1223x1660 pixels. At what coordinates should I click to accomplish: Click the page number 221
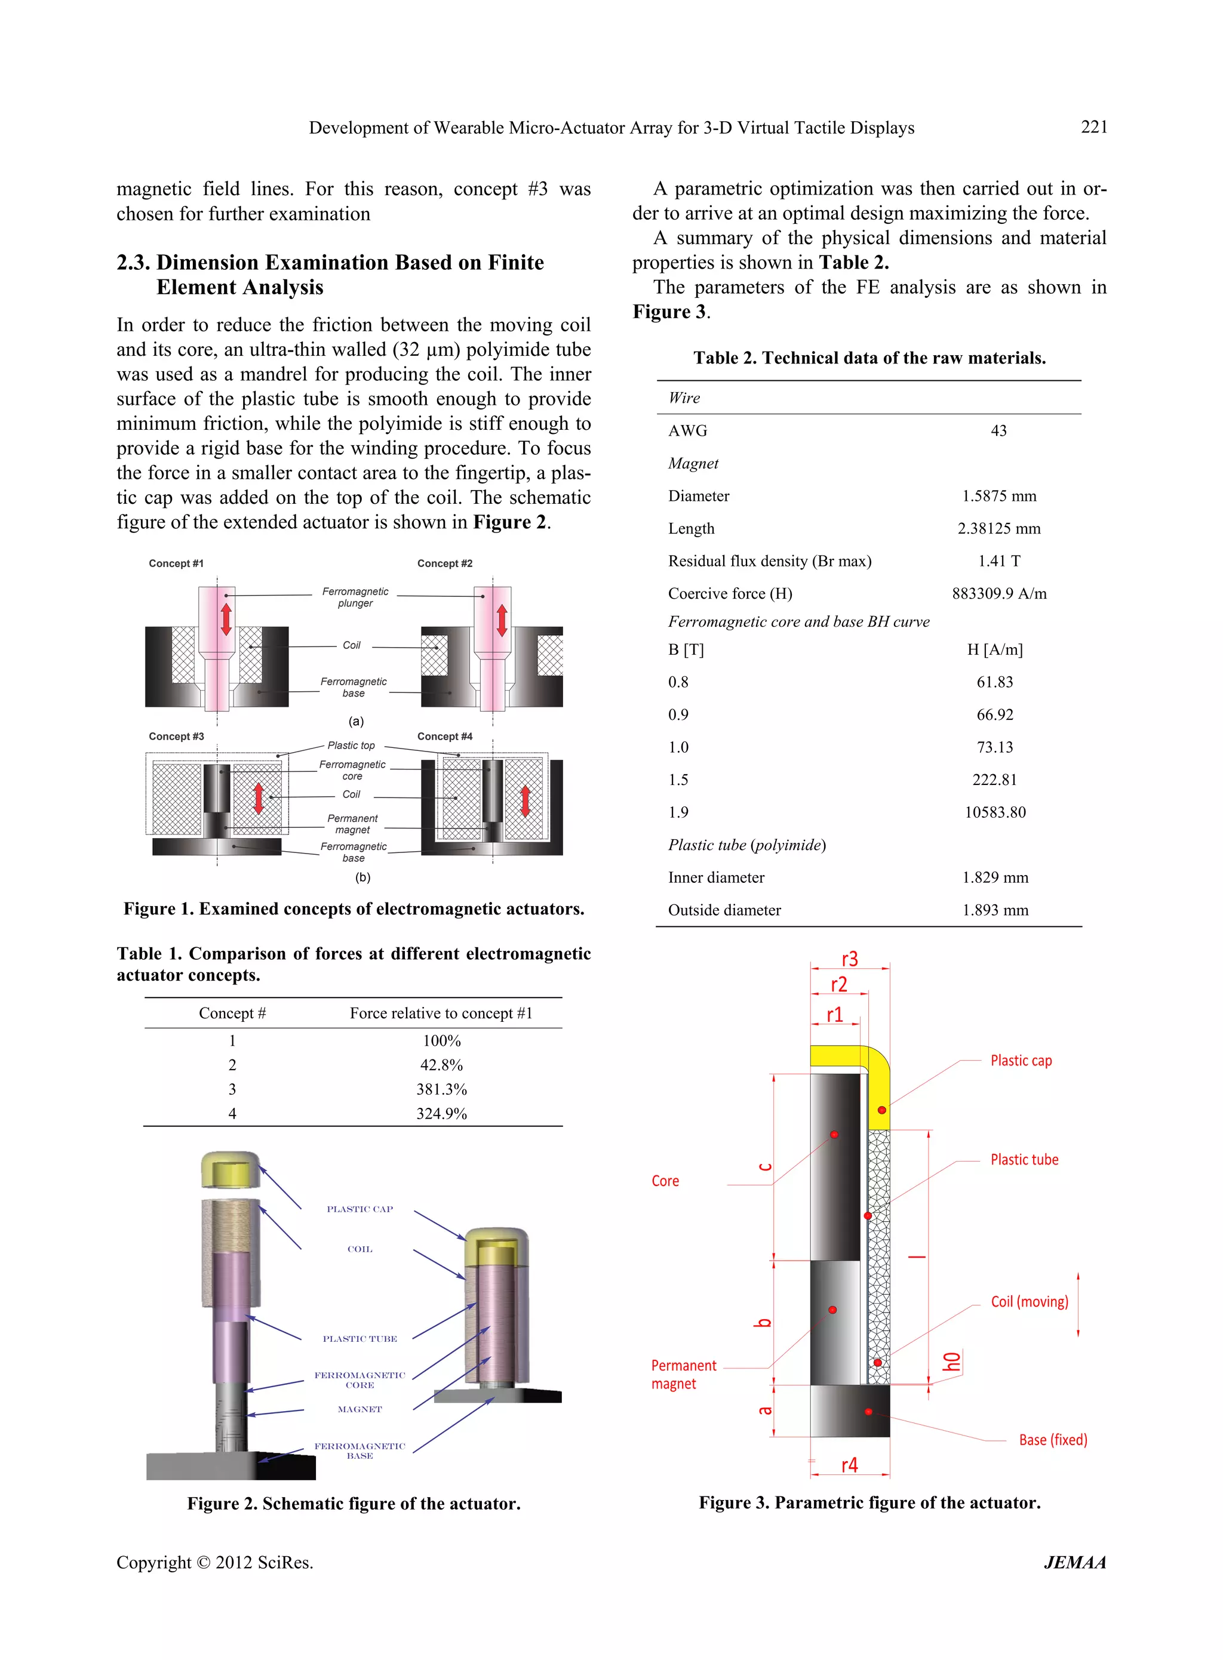click(x=1093, y=127)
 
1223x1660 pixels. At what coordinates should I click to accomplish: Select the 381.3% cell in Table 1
click(x=441, y=1089)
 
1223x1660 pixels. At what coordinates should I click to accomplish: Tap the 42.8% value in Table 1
click(x=441, y=1064)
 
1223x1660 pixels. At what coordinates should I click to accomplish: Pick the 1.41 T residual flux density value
click(x=998, y=560)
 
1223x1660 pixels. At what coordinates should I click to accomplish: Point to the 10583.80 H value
click(x=995, y=812)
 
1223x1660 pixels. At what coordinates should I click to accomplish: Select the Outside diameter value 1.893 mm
click(x=995, y=910)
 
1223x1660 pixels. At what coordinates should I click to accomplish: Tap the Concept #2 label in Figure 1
click(x=444, y=563)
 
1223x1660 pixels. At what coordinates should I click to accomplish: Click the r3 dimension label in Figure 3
click(x=849, y=959)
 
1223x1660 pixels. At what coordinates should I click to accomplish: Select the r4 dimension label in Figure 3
click(x=849, y=1465)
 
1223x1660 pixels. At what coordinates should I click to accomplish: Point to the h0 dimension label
click(x=952, y=1360)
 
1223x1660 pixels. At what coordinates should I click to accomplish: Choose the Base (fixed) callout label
click(x=1052, y=1440)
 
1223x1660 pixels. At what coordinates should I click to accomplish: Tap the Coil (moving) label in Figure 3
click(x=1029, y=1301)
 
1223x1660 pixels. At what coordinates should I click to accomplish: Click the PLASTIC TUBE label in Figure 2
click(x=359, y=1338)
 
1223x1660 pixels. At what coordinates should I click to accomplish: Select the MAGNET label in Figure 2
click(x=359, y=1409)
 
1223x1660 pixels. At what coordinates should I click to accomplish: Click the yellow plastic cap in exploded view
click(x=231, y=1170)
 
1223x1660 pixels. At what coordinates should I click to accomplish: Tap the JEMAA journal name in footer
click(x=1074, y=1562)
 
